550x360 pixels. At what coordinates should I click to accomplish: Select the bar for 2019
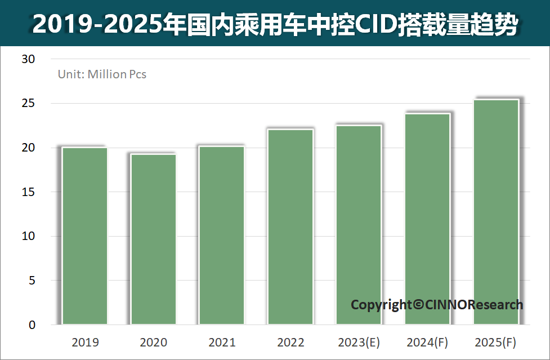point(85,236)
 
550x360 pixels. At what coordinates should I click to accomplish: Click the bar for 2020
point(154,239)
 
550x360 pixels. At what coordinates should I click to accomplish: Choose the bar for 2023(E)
point(359,225)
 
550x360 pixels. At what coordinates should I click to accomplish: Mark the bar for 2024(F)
point(427,219)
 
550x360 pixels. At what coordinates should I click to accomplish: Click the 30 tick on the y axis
point(28,59)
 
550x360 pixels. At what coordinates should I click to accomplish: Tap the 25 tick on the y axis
point(28,104)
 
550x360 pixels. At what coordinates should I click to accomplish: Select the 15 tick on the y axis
point(28,192)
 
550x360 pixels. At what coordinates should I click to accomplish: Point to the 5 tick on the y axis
point(32,281)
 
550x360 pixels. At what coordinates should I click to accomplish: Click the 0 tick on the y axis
point(32,325)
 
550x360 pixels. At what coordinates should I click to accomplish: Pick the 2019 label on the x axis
point(86,343)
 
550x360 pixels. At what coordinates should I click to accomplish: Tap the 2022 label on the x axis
point(290,343)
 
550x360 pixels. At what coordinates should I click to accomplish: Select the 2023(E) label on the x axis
point(359,343)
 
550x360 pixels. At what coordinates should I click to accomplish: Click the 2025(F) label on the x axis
point(495,343)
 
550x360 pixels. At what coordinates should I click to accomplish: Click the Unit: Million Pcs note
point(102,74)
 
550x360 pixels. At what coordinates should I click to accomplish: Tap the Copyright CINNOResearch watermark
point(437,305)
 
